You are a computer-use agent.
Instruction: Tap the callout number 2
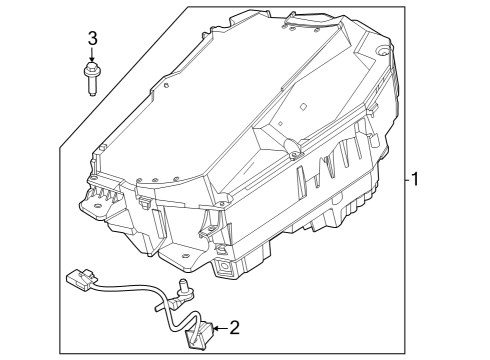(x=236, y=326)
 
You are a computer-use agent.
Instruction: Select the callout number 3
(x=92, y=38)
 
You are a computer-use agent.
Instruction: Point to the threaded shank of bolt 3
(x=91, y=86)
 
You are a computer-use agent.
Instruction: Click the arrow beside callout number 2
(x=220, y=326)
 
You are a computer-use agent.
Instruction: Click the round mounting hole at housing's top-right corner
(x=381, y=51)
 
